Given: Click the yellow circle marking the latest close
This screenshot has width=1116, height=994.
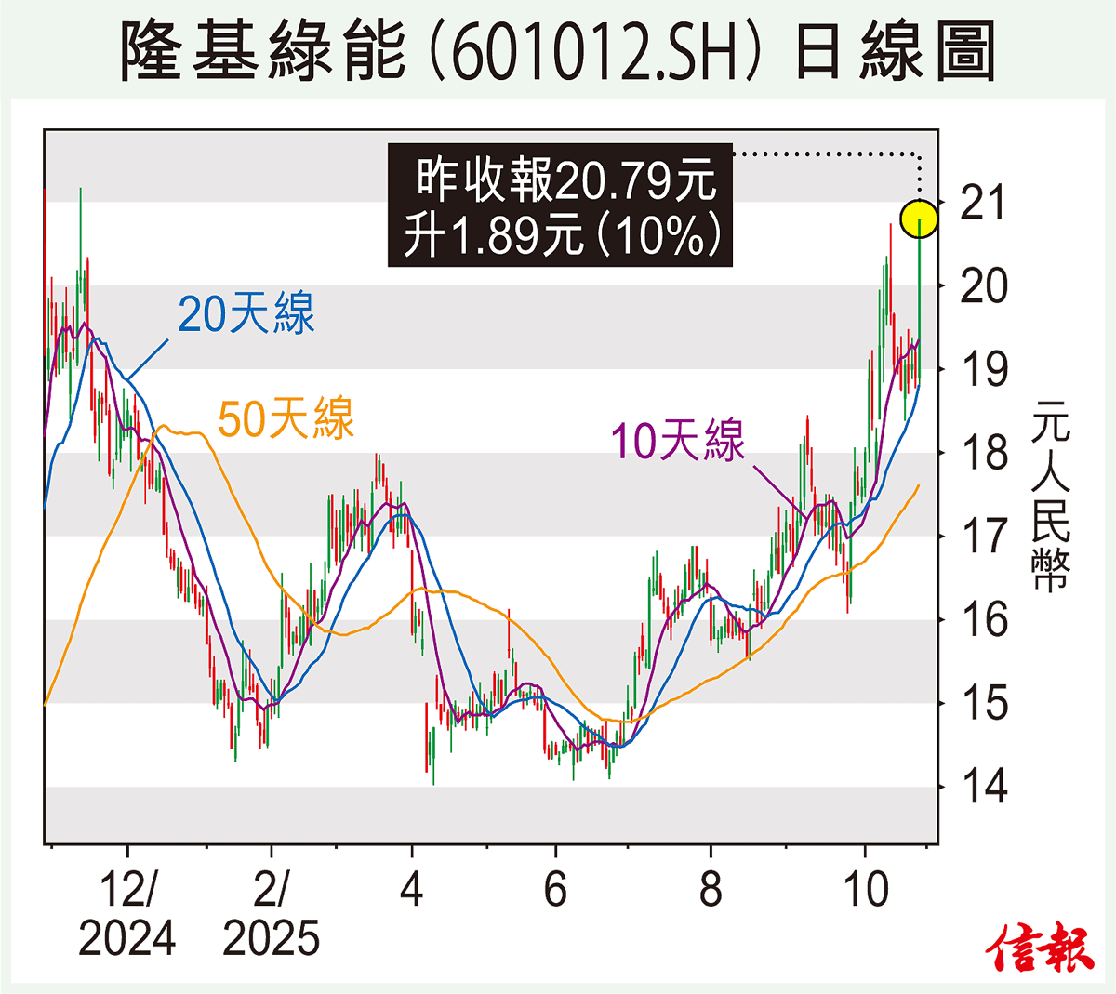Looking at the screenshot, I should pos(919,219).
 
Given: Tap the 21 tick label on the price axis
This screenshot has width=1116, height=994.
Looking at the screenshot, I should pos(983,203).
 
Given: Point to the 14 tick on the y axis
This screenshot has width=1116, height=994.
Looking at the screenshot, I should pos(983,787).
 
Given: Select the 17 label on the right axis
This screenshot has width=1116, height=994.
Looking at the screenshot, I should pos(983,536).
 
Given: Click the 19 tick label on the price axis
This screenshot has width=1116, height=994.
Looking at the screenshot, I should pos(983,369).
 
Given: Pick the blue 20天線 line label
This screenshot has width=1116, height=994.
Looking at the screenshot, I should pos(246,313).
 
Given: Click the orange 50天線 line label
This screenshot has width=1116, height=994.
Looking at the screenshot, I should pos(286,418).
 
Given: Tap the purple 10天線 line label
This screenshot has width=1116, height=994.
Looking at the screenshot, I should pos(678,440).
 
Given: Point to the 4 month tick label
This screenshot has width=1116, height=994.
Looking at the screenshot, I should pos(411,890).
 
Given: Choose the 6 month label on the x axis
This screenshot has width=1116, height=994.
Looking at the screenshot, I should pos(555,890).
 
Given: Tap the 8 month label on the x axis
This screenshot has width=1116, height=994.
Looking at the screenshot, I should pos(711,890).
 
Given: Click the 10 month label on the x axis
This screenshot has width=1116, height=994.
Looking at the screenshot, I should pos(865,890).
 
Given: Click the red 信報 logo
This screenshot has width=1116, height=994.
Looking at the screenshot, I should pos(1041,948).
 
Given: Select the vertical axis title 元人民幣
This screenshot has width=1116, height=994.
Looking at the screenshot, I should pos(1051,497).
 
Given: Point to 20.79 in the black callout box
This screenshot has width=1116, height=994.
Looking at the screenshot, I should pos(615,179).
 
